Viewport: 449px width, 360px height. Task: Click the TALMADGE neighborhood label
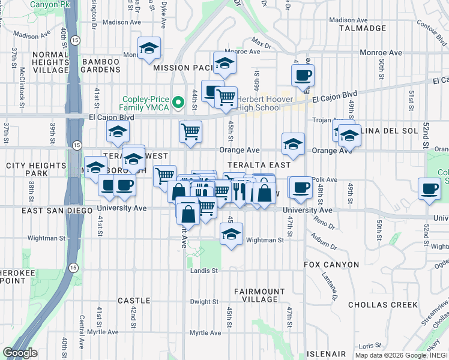pos(362,28)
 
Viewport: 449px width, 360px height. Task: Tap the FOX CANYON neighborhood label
pos(331,264)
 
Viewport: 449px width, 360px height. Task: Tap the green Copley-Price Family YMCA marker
pos(178,103)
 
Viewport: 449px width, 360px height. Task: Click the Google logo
pos(20,353)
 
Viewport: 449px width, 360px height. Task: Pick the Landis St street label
pos(204,271)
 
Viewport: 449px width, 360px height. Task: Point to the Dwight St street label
pos(204,302)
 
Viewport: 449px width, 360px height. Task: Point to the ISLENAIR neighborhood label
pos(327,354)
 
